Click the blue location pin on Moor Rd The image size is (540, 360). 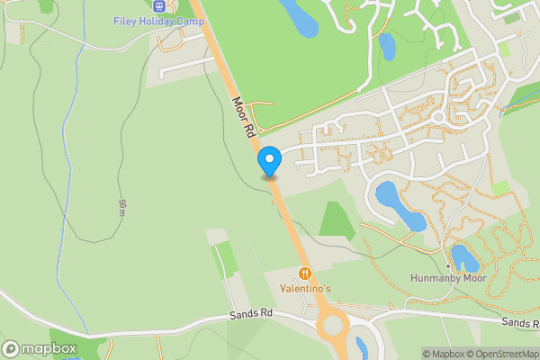(x=269, y=161)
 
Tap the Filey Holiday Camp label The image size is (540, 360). (x=159, y=21)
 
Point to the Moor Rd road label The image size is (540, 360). (x=242, y=118)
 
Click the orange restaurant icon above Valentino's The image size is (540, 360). (x=305, y=273)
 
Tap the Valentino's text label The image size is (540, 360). (x=305, y=288)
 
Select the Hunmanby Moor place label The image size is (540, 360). (x=447, y=279)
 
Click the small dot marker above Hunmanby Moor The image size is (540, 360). (x=447, y=266)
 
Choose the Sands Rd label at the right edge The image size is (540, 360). (x=521, y=322)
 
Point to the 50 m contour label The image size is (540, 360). (x=121, y=207)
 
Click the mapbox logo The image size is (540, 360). (x=39, y=348)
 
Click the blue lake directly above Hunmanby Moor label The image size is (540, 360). (x=465, y=257)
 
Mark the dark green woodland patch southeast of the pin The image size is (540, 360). (x=337, y=220)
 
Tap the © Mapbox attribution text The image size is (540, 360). (x=444, y=354)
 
